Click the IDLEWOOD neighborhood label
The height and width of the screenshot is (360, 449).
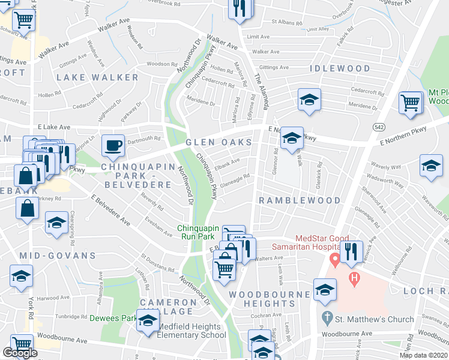coord(340,69)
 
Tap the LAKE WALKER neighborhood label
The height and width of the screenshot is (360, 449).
coord(97,78)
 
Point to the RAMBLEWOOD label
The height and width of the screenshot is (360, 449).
coord(300,200)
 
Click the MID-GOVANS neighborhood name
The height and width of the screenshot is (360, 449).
coord(58,256)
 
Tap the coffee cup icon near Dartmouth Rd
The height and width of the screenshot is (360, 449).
coord(113,145)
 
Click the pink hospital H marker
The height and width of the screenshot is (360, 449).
coord(355,278)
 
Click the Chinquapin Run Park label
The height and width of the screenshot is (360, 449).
coord(200,232)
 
